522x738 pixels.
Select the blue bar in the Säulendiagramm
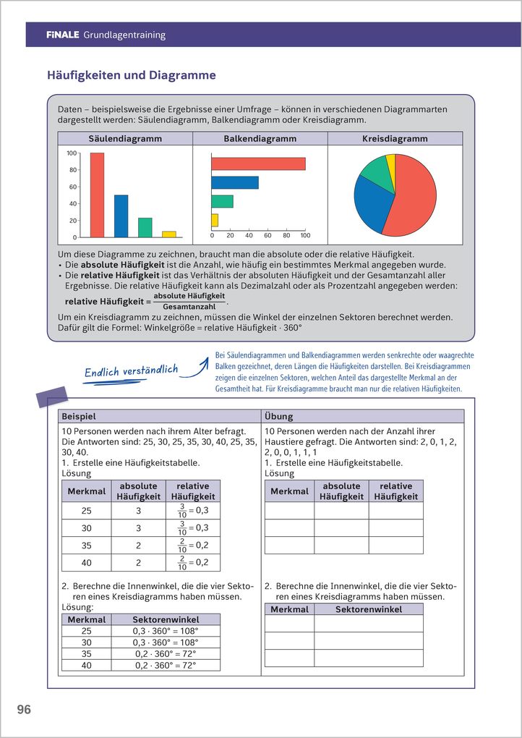tap(121, 216)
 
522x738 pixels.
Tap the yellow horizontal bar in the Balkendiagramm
tap(215, 220)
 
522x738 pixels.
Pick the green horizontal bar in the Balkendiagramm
tap(222, 201)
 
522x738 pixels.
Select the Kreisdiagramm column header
tap(395, 138)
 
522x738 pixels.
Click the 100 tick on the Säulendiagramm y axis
tap(72, 153)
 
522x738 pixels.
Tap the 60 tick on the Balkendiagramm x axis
tap(268, 235)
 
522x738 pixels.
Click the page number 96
tap(24, 711)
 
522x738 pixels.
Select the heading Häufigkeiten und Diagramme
tap(132, 75)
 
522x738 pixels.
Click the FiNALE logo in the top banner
tap(63, 35)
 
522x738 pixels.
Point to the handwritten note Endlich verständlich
tap(131, 371)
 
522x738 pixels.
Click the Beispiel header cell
tap(158, 417)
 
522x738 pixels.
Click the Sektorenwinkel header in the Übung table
tap(369, 609)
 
